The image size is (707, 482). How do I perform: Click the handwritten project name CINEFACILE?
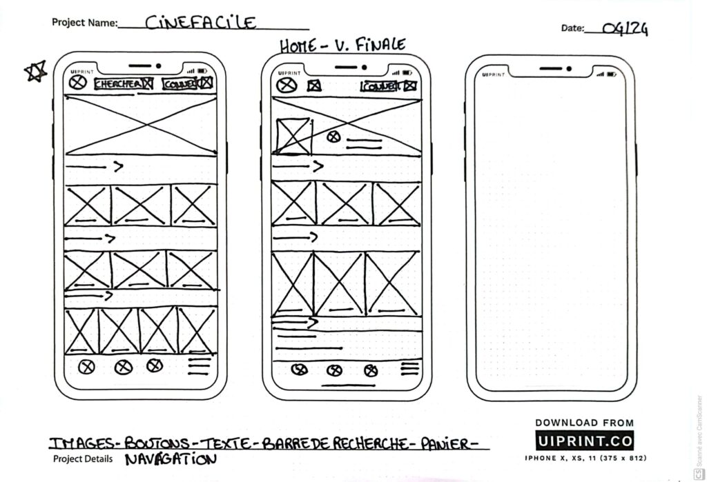click(x=200, y=23)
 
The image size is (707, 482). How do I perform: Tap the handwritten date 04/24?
click(x=625, y=28)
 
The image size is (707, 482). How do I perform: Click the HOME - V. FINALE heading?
click(x=342, y=46)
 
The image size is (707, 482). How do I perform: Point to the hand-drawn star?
click(x=36, y=71)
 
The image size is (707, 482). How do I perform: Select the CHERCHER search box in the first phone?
click(x=124, y=84)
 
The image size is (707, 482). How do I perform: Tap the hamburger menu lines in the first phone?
click(x=199, y=366)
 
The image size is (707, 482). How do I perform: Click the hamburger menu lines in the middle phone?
click(x=409, y=368)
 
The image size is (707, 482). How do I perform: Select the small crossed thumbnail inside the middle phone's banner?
click(x=293, y=136)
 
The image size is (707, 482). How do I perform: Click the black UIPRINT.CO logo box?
click(x=584, y=441)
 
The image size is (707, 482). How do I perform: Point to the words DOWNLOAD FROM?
click(x=584, y=423)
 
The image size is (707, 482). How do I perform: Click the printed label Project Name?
click(x=84, y=23)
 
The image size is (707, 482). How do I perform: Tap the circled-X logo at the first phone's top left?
click(x=78, y=83)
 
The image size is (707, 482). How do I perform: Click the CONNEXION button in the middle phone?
click(x=380, y=86)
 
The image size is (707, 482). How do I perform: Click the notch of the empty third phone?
click(x=550, y=69)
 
